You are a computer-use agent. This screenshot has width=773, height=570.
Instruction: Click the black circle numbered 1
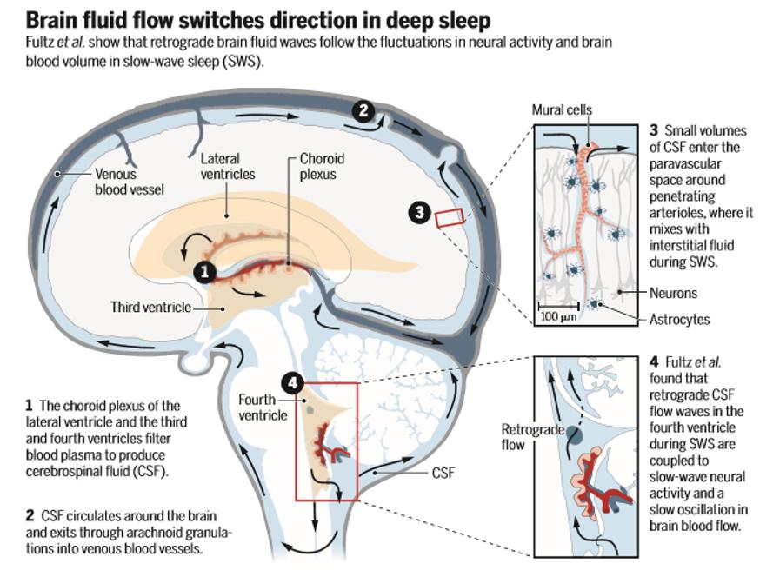(205, 271)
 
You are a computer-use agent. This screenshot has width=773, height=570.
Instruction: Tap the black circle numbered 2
(364, 110)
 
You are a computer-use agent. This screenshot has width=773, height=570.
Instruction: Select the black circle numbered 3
(420, 211)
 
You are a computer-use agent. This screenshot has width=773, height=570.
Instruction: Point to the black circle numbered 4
(293, 381)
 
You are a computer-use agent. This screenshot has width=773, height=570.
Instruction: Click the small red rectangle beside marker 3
(450, 217)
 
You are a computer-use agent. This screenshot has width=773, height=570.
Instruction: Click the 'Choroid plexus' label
(322, 166)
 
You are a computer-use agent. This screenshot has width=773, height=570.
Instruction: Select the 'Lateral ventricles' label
(228, 167)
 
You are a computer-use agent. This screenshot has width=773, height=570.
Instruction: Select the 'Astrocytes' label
(679, 319)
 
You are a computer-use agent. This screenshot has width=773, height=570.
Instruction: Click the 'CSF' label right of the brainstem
(444, 474)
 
